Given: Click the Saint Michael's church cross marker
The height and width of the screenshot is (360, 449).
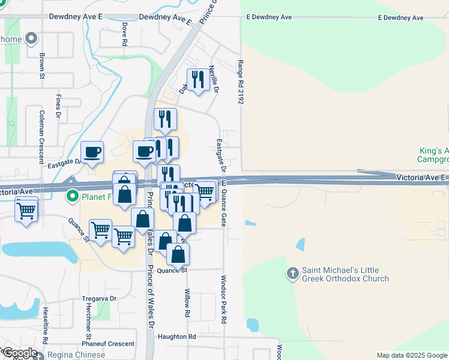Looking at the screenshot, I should [x=293, y=274].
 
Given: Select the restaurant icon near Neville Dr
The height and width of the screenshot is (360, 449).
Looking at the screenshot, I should [x=197, y=79].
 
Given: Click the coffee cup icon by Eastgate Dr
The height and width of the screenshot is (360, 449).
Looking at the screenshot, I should [x=92, y=152].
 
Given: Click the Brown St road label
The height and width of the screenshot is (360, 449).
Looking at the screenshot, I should [x=43, y=67].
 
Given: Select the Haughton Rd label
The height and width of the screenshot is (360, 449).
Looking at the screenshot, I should [x=177, y=337].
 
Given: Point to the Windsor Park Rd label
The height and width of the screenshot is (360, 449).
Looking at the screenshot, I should [x=223, y=300].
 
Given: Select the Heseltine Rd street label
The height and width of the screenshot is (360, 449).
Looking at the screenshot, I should [x=46, y=325].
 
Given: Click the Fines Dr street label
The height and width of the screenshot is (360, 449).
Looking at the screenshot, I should [x=59, y=106].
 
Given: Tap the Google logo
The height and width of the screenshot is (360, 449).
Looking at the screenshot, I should [x=19, y=353].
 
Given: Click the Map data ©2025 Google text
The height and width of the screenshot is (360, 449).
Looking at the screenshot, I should [x=411, y=355].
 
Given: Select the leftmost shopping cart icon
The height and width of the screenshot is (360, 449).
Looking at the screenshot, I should [x=26, y=210].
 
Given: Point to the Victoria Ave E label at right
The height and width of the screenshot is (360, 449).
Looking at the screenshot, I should [x=421, y=178].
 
